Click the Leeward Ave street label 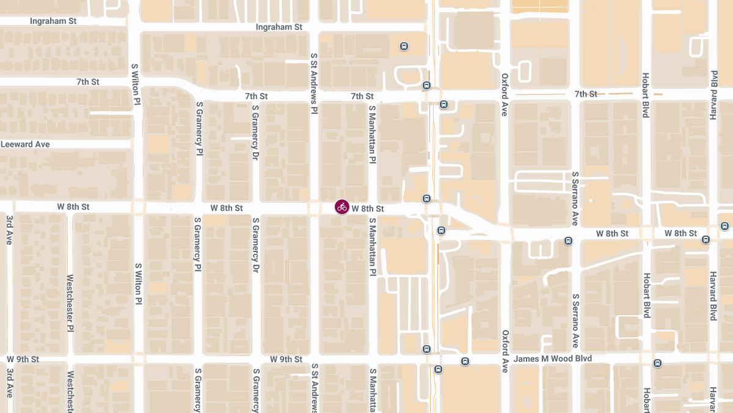25,144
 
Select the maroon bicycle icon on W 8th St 342,207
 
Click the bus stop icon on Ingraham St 404,46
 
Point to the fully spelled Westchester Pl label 70,302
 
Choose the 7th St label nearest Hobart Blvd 585,94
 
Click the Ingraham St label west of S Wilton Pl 53,21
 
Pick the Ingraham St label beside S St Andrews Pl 279,27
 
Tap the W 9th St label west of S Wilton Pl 23,359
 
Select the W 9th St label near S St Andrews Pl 286,359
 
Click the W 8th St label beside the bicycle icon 368,209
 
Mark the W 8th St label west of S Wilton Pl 73,207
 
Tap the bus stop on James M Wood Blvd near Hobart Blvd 657,363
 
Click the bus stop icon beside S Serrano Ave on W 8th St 569,240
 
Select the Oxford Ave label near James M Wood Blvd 505,351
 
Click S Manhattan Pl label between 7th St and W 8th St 371,133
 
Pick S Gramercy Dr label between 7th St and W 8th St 255,132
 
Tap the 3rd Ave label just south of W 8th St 10,229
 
